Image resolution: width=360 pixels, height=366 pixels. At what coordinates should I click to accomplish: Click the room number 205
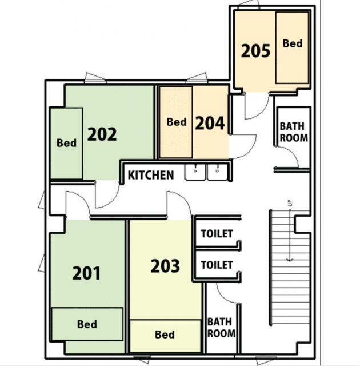coord(255,51)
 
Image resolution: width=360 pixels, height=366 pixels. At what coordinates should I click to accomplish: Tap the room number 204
coord(210,123)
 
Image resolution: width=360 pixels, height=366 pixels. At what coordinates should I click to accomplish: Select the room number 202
coord(102,134)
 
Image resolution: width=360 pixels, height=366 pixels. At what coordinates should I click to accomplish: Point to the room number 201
coord(86,273)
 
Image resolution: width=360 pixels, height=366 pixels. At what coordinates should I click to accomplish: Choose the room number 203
coord(165,266)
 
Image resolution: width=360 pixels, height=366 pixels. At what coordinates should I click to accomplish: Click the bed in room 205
coord(292,48)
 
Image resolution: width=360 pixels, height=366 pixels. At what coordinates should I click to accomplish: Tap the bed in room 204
coord(176,122)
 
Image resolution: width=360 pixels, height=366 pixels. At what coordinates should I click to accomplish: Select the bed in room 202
coord(67,144)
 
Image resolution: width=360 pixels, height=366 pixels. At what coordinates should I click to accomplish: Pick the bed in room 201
coord(87,324)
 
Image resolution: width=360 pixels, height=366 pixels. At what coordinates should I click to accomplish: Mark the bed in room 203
coord(165,336)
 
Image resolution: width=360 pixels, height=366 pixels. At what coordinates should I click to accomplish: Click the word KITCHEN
coord(151,175)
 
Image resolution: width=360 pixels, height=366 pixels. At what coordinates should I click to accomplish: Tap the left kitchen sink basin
coord(195,172)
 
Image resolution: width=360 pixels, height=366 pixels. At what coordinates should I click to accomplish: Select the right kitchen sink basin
coord(217,172)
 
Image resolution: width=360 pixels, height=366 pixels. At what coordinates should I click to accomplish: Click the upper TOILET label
coord(217,234)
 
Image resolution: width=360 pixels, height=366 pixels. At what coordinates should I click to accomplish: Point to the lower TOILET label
coord(217,265)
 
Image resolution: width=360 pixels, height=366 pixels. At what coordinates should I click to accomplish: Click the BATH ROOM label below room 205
coord(294,132)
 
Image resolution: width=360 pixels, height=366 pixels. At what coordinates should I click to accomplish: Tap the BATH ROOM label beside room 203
coord(221,328)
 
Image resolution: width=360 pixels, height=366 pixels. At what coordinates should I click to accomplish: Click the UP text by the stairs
coord(290,203)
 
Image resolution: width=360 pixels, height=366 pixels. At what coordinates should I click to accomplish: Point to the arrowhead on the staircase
coord(290,260)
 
